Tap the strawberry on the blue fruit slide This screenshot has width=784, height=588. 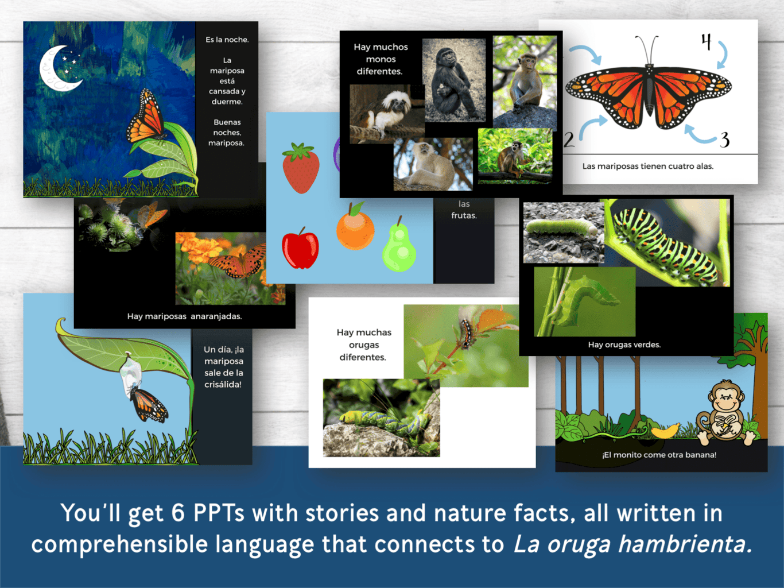(301, 168)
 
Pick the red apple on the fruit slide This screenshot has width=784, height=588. (300, 248)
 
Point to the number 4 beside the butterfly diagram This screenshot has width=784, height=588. (706, 42)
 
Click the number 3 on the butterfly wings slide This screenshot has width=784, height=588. (724, 140)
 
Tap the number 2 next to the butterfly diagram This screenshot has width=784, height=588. (569, 140)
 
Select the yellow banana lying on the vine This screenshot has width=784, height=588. (665, 431)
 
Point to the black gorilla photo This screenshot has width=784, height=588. (453, 80)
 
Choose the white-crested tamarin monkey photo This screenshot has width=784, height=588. (387, 114)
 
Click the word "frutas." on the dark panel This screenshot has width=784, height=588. (464, 215)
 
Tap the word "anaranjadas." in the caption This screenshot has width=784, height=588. (216, 316)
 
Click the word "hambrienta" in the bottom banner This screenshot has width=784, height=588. (681, 544)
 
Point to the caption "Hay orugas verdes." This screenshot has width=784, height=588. (624, 345)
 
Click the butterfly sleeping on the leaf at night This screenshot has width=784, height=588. (146, 116)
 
